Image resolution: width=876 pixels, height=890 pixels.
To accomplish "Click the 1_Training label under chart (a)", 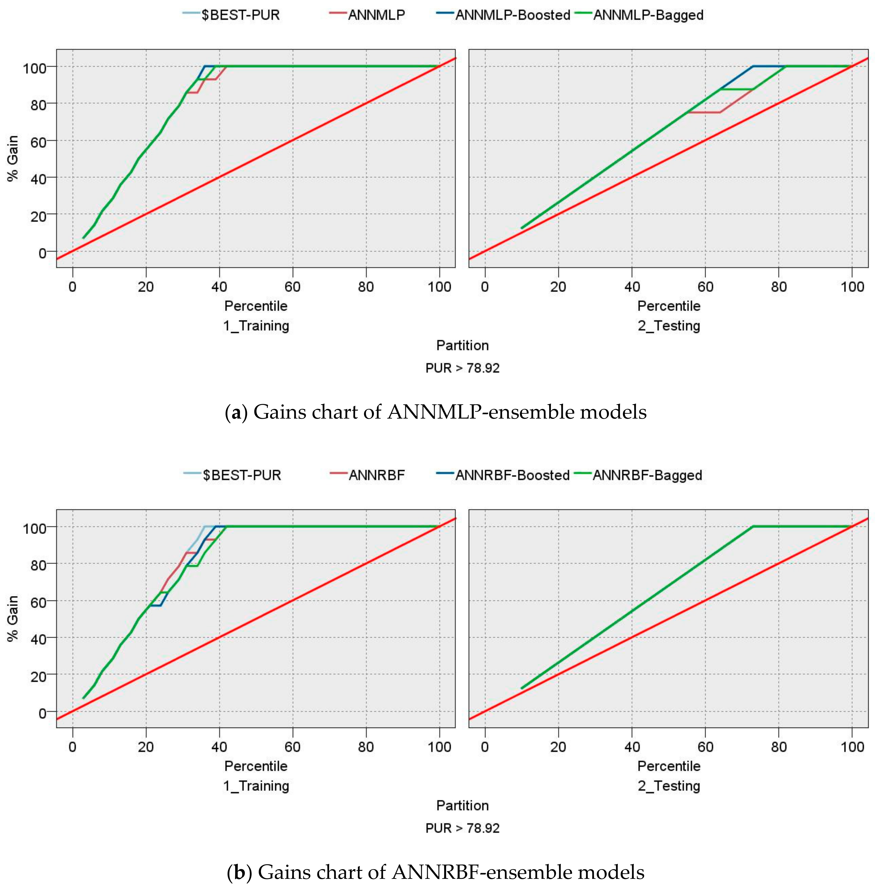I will [256, 326].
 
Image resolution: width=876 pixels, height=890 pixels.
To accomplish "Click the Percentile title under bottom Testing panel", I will [669, 766].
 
